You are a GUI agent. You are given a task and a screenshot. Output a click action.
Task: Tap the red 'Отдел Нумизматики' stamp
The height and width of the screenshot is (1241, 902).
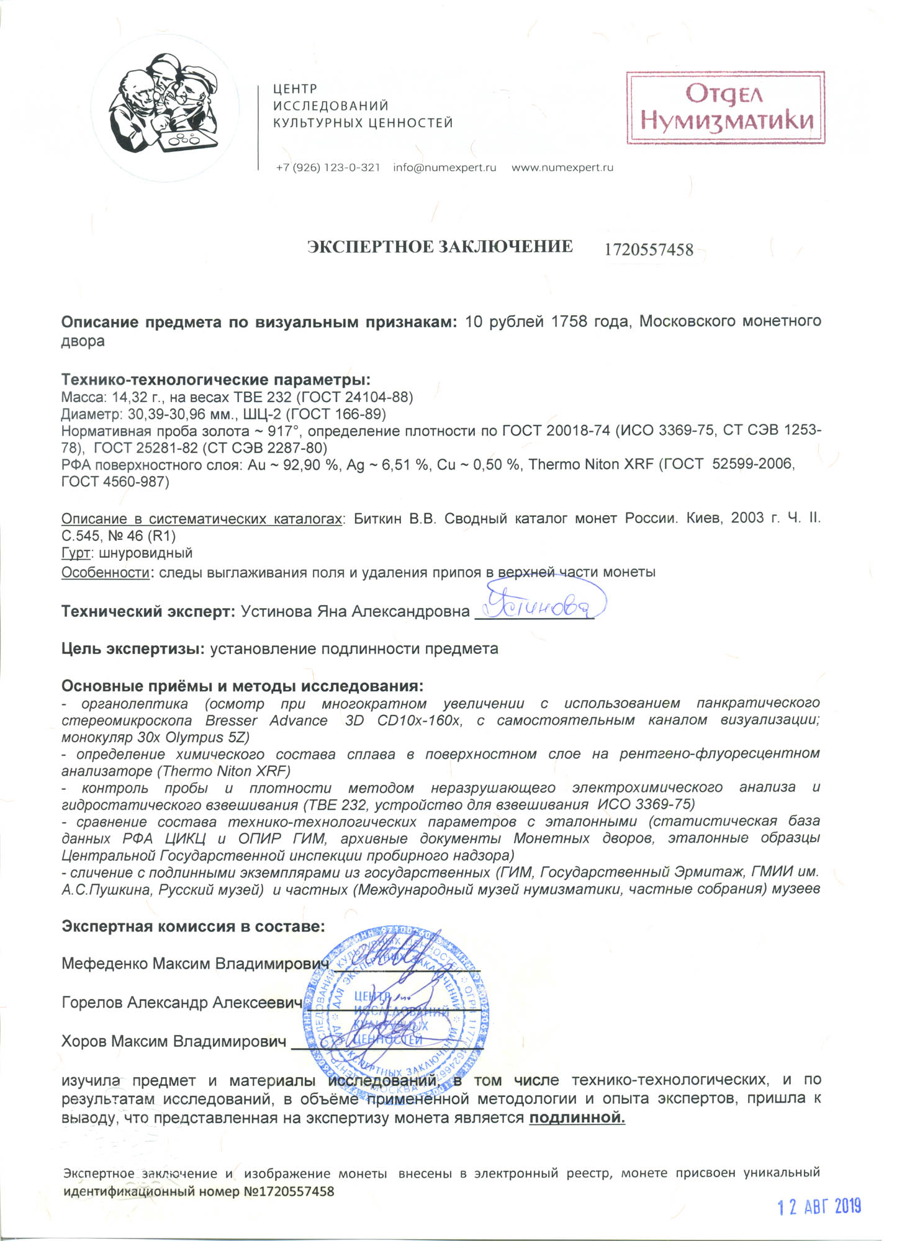tap(725, 107)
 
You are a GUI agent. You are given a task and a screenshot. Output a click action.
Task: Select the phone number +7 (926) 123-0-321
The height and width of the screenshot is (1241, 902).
tap(328, 168)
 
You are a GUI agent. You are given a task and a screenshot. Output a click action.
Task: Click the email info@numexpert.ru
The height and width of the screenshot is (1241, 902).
tap(444, 168)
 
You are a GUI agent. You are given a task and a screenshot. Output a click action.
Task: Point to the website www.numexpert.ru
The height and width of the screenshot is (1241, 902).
tap(562, 168)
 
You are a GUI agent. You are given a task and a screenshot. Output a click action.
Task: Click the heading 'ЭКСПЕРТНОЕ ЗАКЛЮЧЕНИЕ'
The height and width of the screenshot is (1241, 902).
tap(440, 247)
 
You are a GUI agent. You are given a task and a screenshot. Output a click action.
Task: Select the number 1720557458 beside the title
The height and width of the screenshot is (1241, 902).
tap(649, 249)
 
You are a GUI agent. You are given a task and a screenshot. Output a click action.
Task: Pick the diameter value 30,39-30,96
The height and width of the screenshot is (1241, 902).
tap(169, 414)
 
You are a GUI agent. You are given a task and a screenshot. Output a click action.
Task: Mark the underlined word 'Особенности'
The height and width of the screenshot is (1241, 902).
tap(105, 572)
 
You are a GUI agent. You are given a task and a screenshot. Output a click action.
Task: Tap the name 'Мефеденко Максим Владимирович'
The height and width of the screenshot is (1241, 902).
tap(194, 964)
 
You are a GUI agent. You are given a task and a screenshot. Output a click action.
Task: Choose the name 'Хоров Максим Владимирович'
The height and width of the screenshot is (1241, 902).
tap(174, 1041)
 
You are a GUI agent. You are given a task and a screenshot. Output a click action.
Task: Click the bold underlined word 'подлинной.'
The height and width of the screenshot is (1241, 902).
tap(577, 1118)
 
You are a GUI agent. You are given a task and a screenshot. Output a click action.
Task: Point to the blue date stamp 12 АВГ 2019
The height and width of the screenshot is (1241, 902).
tap(819, 1206)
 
